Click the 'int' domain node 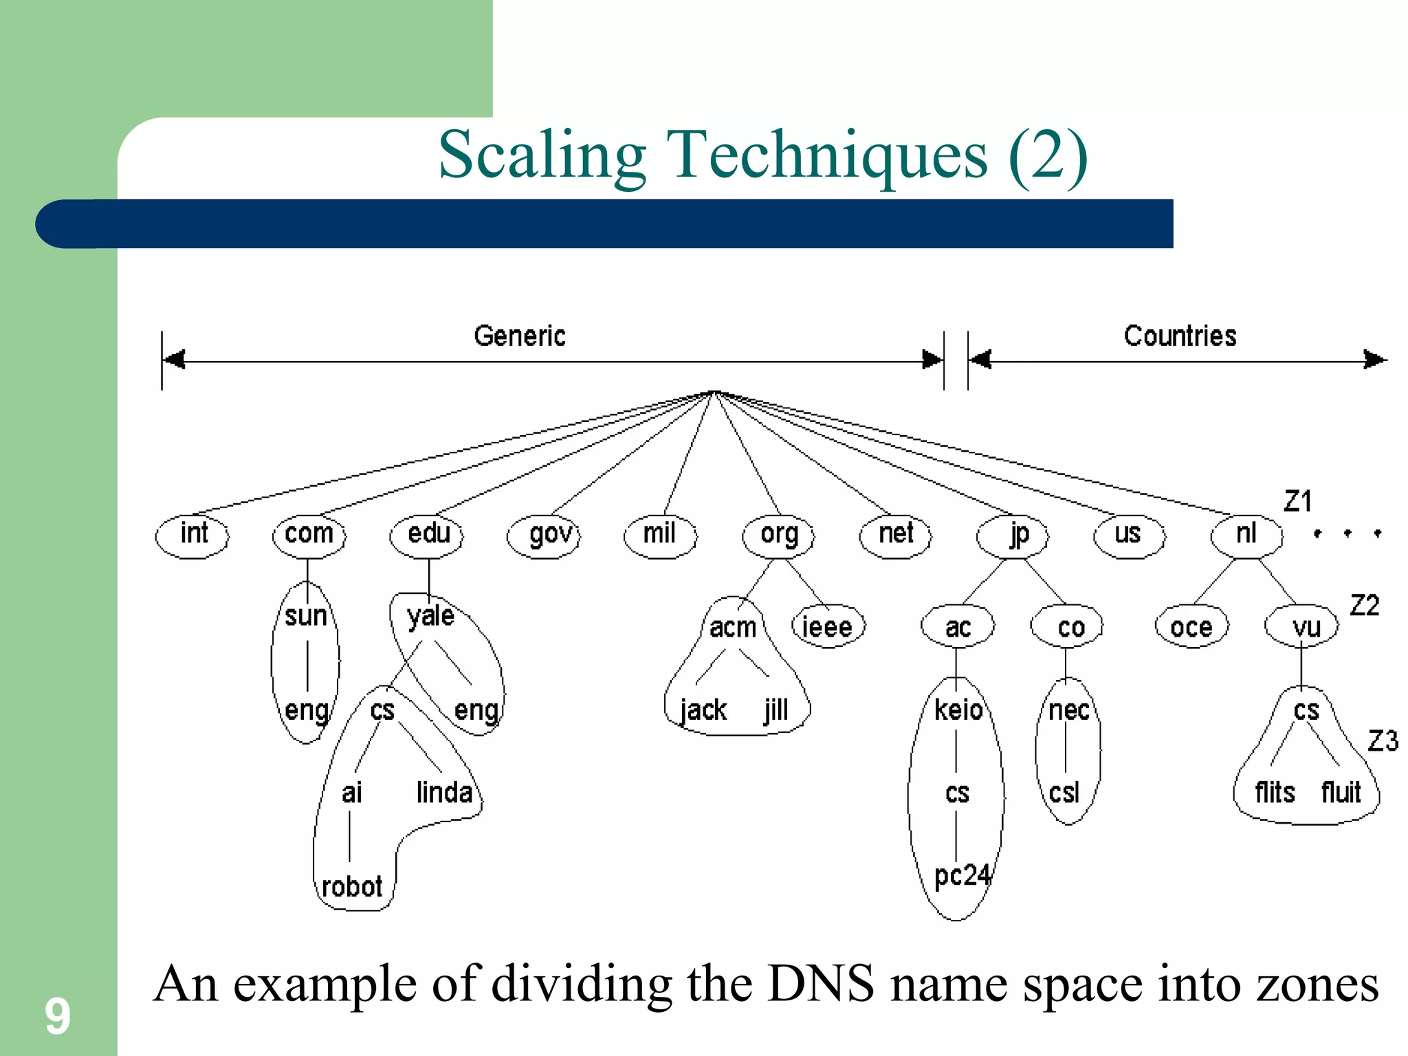(x=192, y=534)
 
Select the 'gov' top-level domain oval (x=544, y=535)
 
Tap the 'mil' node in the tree (x=660, y=534)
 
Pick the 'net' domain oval (x=895, y=534)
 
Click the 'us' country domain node (x=1129, y=534)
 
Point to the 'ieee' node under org (x=828, y=627)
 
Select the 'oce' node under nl (x=1191, y=627)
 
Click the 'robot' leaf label (x=352, y=887)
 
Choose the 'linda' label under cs (x=444, y=793)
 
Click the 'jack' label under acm (x=703, y=710)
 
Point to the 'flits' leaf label (x=1275, y=793)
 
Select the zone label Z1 (x=1298, y=501)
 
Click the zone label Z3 (x=1383, y=741)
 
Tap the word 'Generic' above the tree (x=520, y=336)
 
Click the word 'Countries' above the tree (x=1180, y=336)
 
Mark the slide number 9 (x=58, y=1016)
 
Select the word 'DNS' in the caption (x=821, y=984)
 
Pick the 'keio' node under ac (x=958, y=710)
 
